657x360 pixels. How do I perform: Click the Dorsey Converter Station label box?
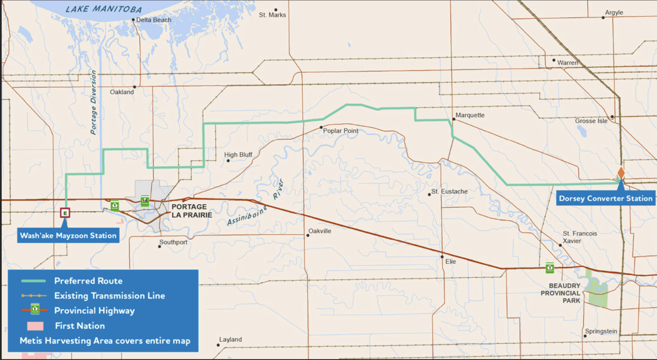pos(605,198)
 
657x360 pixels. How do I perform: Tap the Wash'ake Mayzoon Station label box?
pos(68,236)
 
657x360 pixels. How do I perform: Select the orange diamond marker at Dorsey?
pos(621,172)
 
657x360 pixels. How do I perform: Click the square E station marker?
pos(65,213)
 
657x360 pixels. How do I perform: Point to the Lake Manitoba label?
pos(103,9)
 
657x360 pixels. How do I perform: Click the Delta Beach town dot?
pos(133,20)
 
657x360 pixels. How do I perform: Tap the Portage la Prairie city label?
pos(192,211)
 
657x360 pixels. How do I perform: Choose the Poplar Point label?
pos(340,131)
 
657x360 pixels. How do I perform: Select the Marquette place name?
pos(470,115)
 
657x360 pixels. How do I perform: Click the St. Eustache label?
pos(449,191)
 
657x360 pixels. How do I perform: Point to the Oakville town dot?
pos(308,235)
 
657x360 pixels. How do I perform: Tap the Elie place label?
pos(450,262)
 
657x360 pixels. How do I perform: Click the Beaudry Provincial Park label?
pos(560,293)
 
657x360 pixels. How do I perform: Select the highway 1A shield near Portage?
pos(145,201)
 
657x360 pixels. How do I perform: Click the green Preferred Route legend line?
pos(33,281)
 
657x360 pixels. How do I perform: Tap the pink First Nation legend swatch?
pos(35,326)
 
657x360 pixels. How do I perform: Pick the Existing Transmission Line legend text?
pos(109,296)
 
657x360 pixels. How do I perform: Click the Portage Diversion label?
pos(93,102)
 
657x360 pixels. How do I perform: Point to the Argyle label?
pos(614,13)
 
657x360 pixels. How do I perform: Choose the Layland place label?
pos(230,339)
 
